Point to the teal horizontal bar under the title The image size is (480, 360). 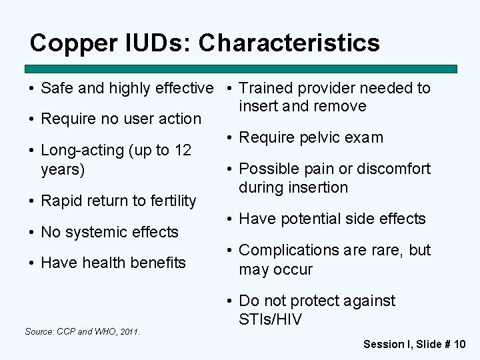(x=240, y=69)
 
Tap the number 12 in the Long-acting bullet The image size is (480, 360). (x=183, y=151)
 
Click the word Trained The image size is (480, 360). (x=267, y=88)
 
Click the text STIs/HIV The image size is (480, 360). (x=271, y=320)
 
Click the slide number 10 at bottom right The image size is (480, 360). (x=459, y=344)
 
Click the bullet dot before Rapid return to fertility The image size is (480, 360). (x=31, y=201)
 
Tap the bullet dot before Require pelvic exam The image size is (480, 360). (x=229, y=138)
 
